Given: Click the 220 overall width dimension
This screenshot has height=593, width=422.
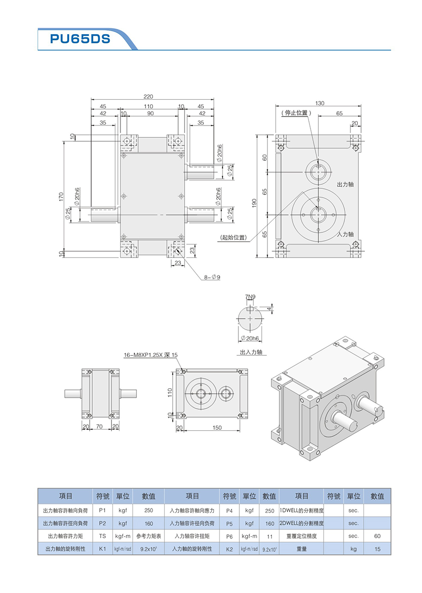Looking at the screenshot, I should click(x=148, y=96).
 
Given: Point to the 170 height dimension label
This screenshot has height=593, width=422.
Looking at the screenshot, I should click(x=62, y=196).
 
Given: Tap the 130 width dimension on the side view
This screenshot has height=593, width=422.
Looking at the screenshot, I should click(x=319, y=103).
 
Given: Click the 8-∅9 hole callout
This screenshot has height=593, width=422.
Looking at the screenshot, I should click(x=212, y=277).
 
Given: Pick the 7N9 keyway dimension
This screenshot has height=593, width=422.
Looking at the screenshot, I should click(x=250, y=296).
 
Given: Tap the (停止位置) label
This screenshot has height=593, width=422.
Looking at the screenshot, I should click(x=295, y=113).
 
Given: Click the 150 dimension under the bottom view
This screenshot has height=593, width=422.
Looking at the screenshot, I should click(x=217, y=428).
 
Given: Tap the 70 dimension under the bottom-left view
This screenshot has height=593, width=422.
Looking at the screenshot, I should click(x=100, y=425).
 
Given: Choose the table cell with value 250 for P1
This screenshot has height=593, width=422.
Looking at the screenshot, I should click(x=148, y=510).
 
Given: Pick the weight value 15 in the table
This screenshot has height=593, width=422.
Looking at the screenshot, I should click(x=377, y=549).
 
